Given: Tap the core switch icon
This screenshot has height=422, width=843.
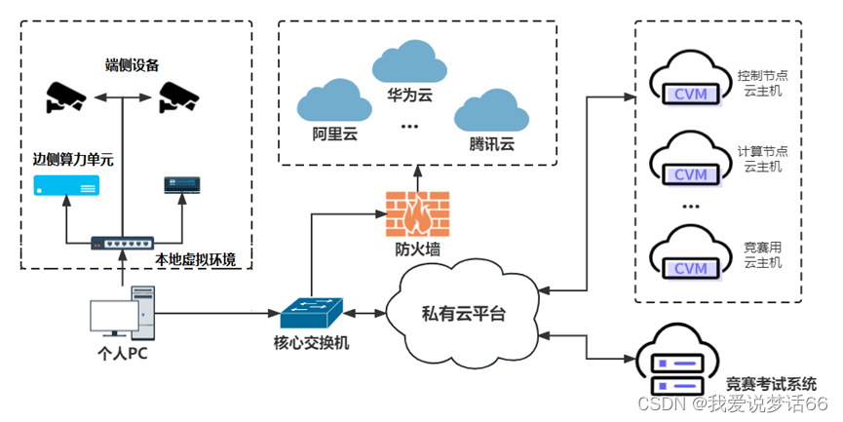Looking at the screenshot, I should click(x=311, y=313).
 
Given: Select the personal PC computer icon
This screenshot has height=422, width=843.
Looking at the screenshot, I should click(x=122, y=318).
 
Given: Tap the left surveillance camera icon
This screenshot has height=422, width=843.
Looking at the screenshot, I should click(x=65, y=95).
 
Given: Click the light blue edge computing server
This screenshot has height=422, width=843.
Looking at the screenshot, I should click(x=65, y=185).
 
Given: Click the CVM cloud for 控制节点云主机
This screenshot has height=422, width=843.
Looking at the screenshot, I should click(x=690, y=84).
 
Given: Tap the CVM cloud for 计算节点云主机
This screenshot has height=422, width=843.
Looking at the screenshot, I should click(x=690, y=164).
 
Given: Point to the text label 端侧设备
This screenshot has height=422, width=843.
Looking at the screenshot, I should click(x=132, y=65).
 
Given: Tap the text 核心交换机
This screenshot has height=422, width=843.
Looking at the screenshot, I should click(x=311, y=342).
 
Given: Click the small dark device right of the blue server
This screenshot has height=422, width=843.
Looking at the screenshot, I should click(x=181, y=185).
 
